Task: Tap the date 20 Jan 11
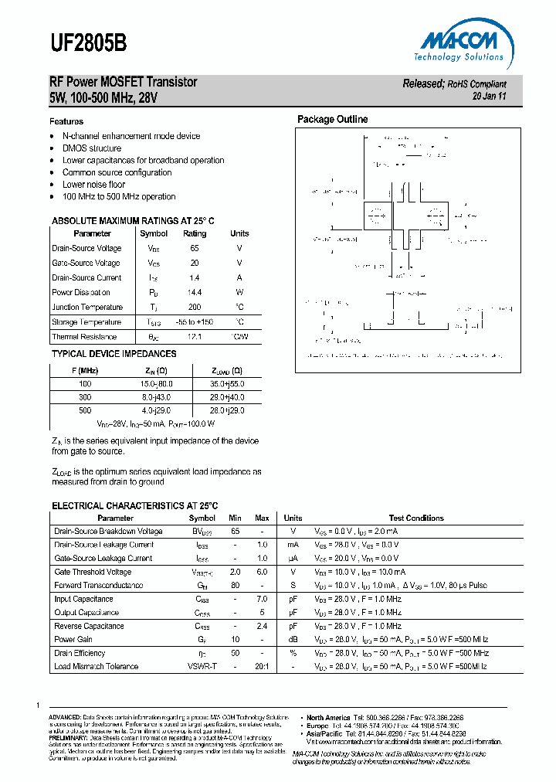coord(489,97)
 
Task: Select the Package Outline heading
coord(333,119)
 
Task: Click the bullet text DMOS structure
coord(91,148)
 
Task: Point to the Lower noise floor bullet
coord(93,185)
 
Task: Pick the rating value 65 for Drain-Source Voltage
coord(195,248)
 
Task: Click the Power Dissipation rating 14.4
coord(195,292)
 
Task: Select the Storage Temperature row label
coord(86,322)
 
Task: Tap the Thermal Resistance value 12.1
coord(195,337)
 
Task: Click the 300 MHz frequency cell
coord(85,396)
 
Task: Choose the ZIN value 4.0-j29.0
coord(157,410)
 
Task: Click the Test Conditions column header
coord(416,518)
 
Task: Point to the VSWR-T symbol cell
coord(202,666)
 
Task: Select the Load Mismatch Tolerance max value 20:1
coord(262,666)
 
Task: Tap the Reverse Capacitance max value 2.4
coord(262,626)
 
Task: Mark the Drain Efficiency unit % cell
coord(293,653)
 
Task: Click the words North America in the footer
coord(328,717)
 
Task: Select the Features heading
coord(66,121)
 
